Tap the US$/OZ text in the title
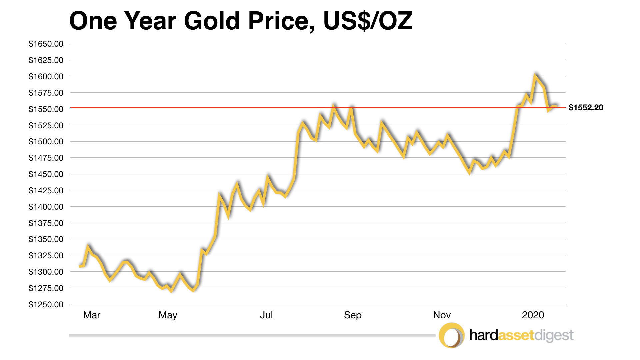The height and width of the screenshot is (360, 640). pos(368,21)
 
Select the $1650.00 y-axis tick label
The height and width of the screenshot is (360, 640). pos(46,44)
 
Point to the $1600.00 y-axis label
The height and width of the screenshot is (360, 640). pos(46,77)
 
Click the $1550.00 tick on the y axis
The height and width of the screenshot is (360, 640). pos(46,109)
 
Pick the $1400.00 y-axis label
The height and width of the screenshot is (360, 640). pos(46,207)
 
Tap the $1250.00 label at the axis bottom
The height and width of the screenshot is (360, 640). pos(46,304)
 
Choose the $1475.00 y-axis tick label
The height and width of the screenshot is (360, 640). pos(46,158)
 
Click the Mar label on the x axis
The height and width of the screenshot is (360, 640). pos(92,315)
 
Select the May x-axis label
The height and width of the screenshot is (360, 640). pos(168,315)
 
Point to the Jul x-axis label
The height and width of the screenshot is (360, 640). pos(266,315)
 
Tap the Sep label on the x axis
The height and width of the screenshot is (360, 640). pos(353,315)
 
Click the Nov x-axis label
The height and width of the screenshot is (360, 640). pos(442,315)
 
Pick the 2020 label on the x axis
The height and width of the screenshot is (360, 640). pos(533,315)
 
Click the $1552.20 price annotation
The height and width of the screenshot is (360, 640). pos(586,108)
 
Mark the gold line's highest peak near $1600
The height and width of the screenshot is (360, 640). pos(535,76)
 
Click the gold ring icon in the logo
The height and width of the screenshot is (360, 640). pos(451,335)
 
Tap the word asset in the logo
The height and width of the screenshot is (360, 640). pos(516,335)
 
